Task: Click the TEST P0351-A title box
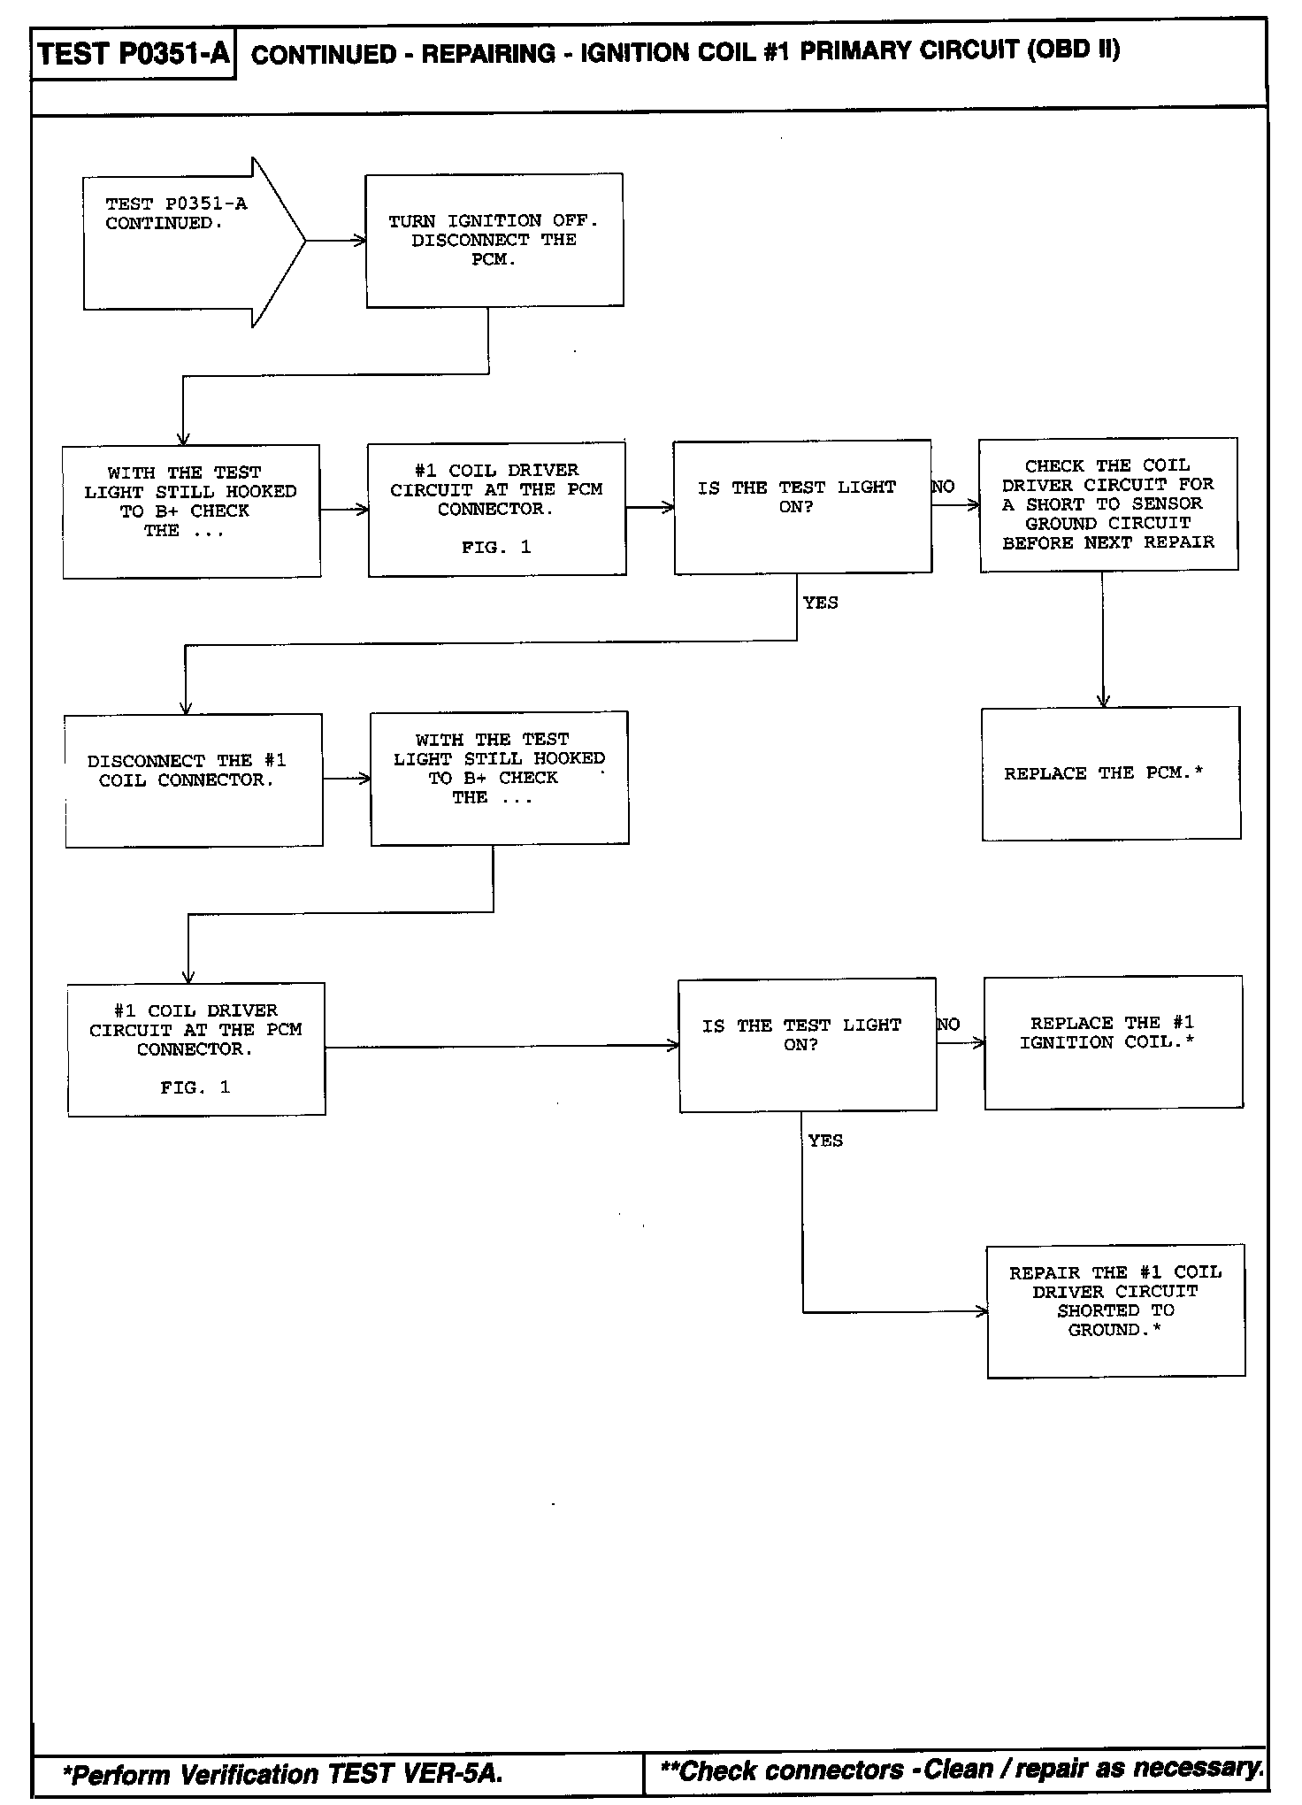pyautogui.click(x=134, y=54)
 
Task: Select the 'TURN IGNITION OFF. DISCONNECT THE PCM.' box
pyautogui.click(x=494, y=240)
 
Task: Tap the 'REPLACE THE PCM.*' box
pyautogui.click(x=1111, y=773)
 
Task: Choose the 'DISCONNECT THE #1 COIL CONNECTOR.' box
pyautogui.click(x=193, y=780)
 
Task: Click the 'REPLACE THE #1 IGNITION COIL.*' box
pyautogui.click(x=1113, y=1042)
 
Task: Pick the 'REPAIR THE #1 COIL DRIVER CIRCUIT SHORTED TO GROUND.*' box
pyautogui.click(x=1115, y=1310)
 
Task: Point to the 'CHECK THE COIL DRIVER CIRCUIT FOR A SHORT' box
pyautogui.click(x=1108, y=503)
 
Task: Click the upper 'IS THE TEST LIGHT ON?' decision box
pyautogui.click(x=802, y=506)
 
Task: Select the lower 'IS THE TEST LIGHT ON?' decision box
pyautogui.click(x=807, y=1045)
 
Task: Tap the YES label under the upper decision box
pyautogui.click(x=820, y=603)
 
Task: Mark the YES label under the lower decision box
pyautogui.click(x=825, y=1141)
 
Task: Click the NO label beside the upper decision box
pyautogui.click(x=943, y=487)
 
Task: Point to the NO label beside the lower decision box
pyautogui.click(x=948, y=1025)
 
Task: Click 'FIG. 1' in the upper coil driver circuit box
pyautogui.click(x=496, y=548)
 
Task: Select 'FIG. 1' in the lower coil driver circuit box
pyautogui.click(x=195, y=1087)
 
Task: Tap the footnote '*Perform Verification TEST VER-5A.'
pyautogui.click(x=282, y=1774)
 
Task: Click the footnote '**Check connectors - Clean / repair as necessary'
pyautogui.click(x=961, y=1770)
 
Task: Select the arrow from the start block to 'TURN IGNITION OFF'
pyautogui.click(x=336, y=241)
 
